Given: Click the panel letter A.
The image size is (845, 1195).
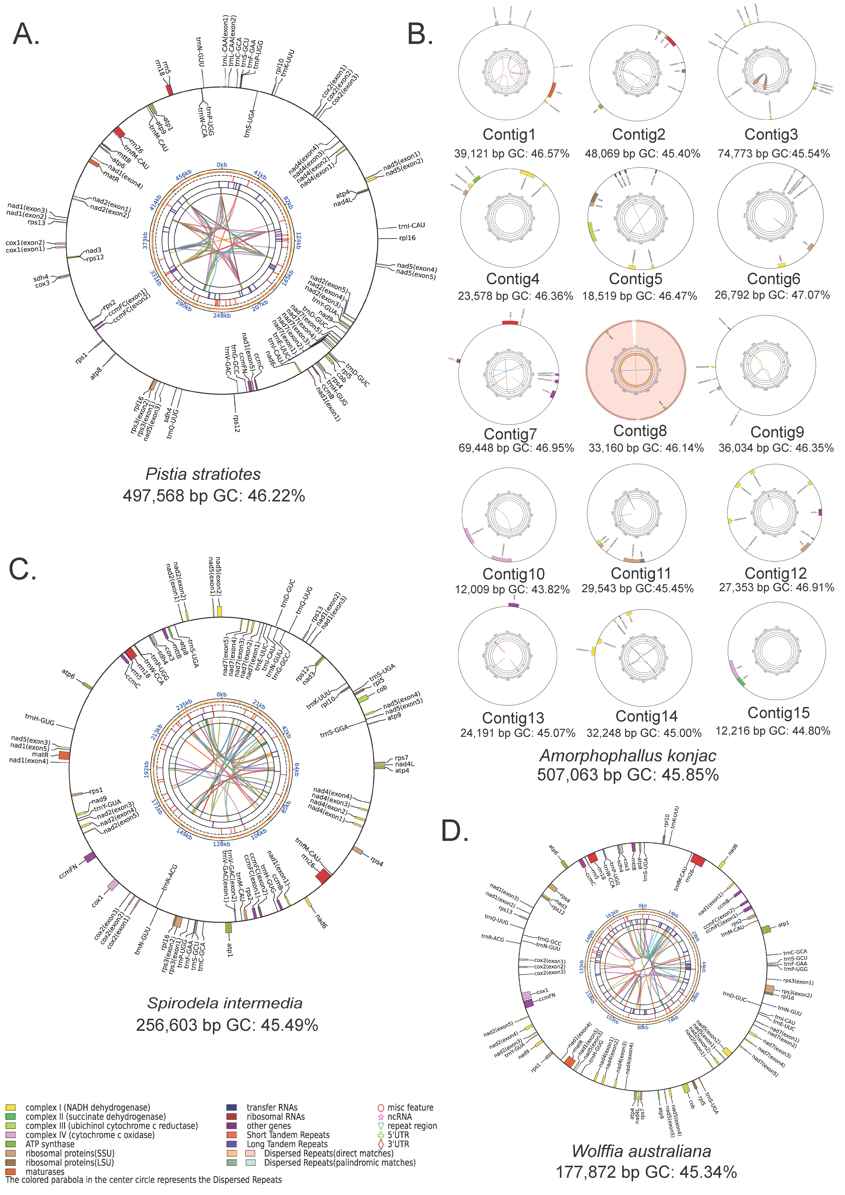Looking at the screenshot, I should tap(26, 34).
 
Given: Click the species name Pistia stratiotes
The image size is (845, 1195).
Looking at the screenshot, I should tap(203, 474).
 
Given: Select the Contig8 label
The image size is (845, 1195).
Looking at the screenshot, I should tap(640, 431).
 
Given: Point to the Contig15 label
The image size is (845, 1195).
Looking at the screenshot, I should tap(778, 712).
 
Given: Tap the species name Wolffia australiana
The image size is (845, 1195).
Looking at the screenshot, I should tap(641, 1151).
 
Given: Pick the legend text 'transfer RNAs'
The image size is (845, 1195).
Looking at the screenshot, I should tap(272, 1107).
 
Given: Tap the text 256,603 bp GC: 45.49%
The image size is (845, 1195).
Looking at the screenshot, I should tap(227, 1025).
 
